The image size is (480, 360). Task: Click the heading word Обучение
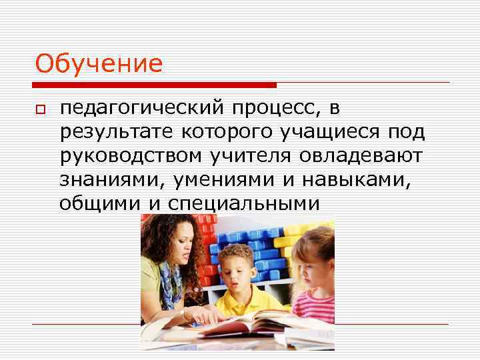click(x=99, y=65)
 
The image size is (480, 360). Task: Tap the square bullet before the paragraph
click(x=41, y=109)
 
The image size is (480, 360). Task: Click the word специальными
click(x=253, y=203)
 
